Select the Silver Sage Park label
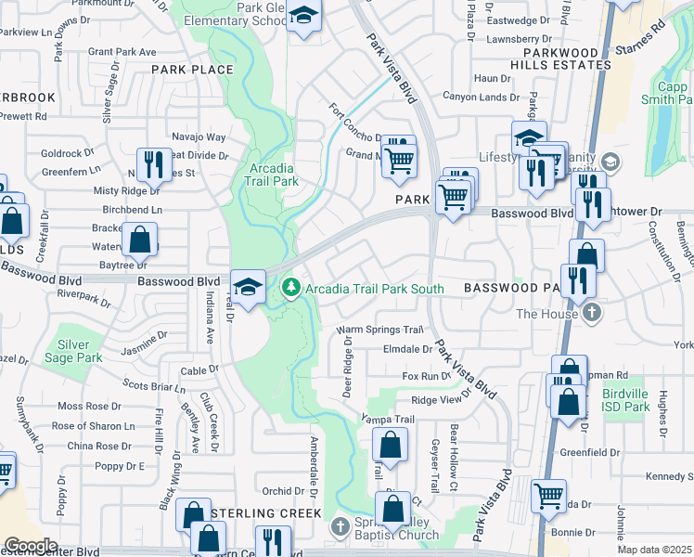coord(80,351)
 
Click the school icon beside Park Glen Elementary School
coord(303,17)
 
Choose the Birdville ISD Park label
coord(624,400)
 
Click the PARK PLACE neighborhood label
coord(192,70)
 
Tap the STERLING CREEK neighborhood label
coord(264,513)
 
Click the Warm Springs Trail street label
coord(379,330)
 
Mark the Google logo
coord(31,546)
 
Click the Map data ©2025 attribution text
coord(655,550)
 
